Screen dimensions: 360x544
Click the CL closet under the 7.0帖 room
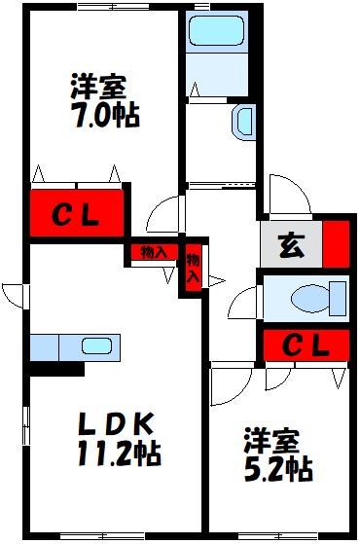[x=77, y=212]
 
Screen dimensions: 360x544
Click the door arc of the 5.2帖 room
[x=231, y=385]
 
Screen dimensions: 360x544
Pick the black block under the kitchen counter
[x=56, y=369]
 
